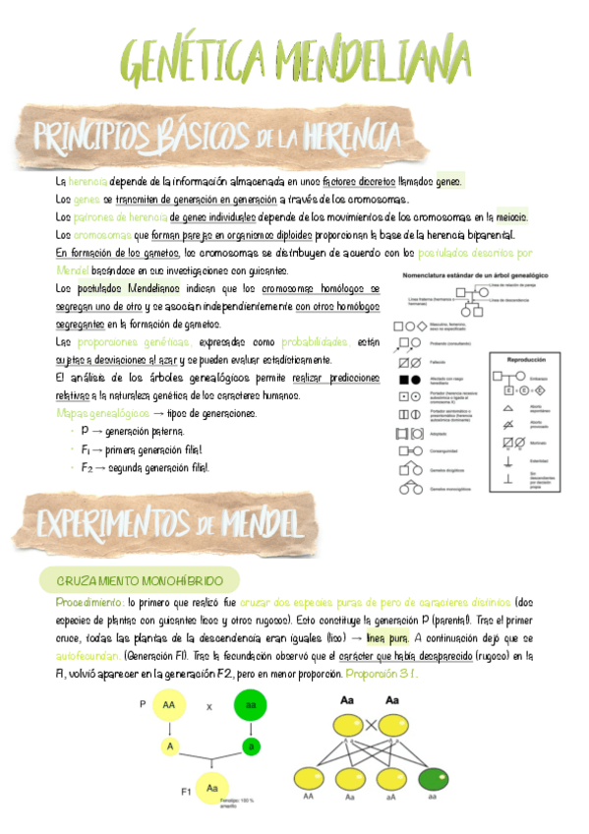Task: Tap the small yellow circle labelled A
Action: tap(169, 720)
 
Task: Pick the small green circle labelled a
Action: tap(253, 720)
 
